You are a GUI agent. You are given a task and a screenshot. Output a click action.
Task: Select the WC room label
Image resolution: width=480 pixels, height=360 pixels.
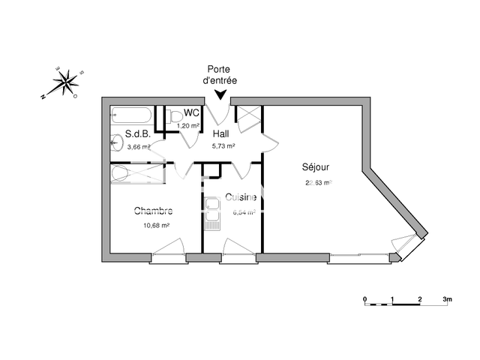191,113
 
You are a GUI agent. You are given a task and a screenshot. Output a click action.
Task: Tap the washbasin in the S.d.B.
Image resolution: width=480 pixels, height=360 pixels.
117,141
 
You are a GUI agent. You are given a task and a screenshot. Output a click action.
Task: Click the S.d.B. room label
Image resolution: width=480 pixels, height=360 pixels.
138,136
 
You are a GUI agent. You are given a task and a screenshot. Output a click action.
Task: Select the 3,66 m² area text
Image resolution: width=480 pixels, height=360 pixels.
139,147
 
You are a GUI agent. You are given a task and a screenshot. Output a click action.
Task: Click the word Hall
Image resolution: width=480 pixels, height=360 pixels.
220,134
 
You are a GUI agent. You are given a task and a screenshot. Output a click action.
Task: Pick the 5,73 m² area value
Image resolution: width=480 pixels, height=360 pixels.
223,145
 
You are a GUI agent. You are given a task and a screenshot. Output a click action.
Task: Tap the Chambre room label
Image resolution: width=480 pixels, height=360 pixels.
154,211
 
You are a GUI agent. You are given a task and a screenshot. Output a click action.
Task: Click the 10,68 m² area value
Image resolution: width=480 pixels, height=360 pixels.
156,224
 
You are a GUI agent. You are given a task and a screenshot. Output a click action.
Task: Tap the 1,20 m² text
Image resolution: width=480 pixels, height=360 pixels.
188,125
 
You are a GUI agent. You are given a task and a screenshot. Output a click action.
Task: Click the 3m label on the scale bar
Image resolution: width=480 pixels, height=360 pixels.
448,298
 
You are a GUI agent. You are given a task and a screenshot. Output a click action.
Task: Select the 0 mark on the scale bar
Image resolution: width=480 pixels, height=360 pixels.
365,298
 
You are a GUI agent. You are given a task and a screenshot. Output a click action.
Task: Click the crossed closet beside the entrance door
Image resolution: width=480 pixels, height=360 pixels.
247,115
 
